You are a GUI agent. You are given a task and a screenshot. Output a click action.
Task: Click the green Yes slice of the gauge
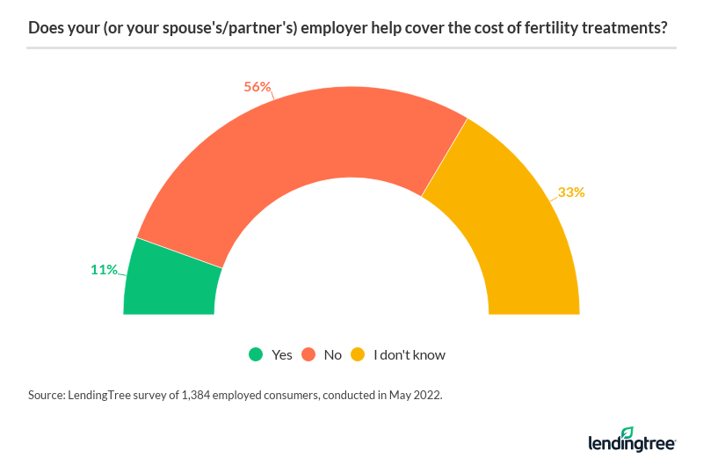pyautogui.click(x=171, y=280)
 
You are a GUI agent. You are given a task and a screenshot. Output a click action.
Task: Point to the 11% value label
pyautogui.click(x=104, y=270)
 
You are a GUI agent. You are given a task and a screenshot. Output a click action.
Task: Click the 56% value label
pyautogui.click(x=257, y=87)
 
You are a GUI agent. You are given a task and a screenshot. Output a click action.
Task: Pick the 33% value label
pyautogui.click(x=571, y=192)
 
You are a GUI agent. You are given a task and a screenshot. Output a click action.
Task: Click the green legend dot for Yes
pyautogui.click(x=256, y=355)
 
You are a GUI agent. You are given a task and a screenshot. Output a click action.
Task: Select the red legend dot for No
pyautogui.click(x=308, y=355)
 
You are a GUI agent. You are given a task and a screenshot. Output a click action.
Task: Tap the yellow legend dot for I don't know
pyautogui.click(x=358, y=355)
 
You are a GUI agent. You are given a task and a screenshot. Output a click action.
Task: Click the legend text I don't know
pyautogui.click(x=409, y=355)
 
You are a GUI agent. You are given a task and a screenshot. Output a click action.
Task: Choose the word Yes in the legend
pyautogui.click(x=282, y=355)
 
